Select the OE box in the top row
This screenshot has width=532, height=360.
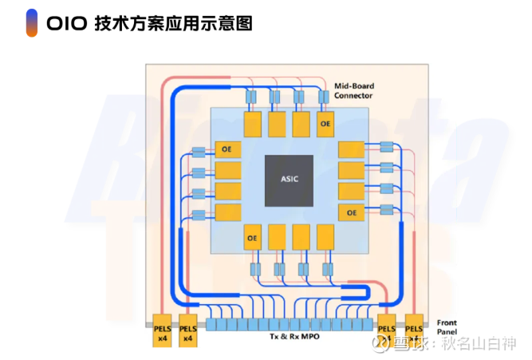[325, 124]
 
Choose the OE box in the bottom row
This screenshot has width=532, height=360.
[254, 237]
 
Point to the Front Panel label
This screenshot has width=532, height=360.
[447, 326]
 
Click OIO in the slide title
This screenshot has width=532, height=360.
[66, 24]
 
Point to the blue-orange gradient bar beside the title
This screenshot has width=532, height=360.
[30, 23]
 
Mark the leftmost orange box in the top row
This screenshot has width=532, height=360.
[253, 124]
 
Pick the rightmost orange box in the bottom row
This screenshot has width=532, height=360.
[325, 237]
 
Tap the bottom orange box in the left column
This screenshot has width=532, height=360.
[227, 212]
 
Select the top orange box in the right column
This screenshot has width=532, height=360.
[351, 151]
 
